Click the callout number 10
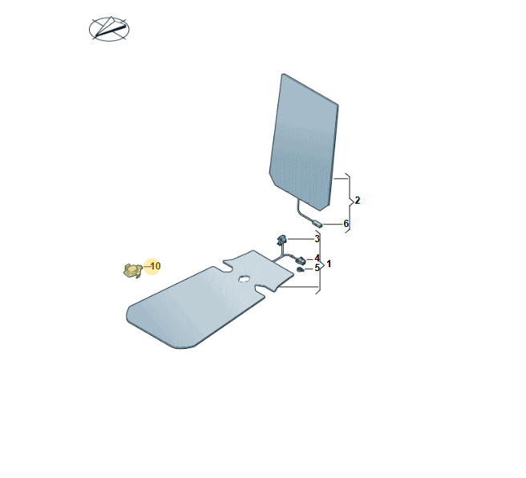tap(156, 266)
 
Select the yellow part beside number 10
tap(132, 270)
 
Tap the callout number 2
tap(358, 201)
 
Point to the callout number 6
tap(346, 224)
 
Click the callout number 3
tap(317, 239)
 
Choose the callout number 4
tap(317, 258)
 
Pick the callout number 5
tap(317, 268)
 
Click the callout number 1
tap(329, 264)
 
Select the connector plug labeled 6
tap(317, 223)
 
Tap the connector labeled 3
tap(281, 240)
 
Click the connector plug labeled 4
tap(301, 260)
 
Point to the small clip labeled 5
tap(301, 269)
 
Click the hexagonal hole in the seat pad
tap(244, 278)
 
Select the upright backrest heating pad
tap(304, 143)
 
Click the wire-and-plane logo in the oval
tap(109, 29)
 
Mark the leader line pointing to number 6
tap(332, 224)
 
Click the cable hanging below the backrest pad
tap(300, 211)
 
